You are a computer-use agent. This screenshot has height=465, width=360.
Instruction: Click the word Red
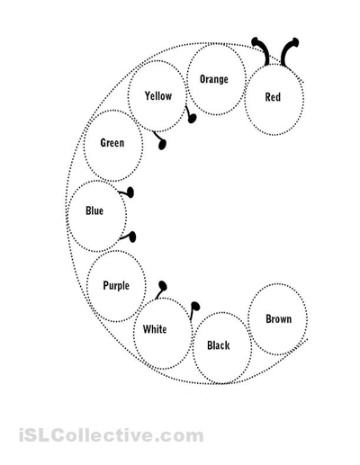(x=273, y=97)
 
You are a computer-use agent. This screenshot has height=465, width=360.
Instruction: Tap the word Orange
(x=214, y=79)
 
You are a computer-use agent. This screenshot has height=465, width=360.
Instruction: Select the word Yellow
(x=158, y=96)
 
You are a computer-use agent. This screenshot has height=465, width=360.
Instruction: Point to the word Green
(x=112, y=143)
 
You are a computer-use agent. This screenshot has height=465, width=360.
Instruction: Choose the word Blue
(x=94, y=210)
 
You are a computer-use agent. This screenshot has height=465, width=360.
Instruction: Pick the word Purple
(x=116, y=286)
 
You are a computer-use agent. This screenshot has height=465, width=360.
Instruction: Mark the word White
(x=155, y=329)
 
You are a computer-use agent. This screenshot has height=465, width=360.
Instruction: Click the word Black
(x=219, y=345)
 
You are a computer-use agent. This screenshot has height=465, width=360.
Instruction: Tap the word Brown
(x=279, y=319)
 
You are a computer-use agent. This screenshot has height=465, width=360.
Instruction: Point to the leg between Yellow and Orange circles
(x=190, y=115)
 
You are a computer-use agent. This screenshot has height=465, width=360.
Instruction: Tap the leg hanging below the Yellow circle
(x=159, y=140)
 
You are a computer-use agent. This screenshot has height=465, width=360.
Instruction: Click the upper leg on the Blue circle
(x=127, y=192)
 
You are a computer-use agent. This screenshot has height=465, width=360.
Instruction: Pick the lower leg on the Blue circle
(x=129, y=237)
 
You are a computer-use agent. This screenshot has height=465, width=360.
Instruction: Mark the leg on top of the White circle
(x=161, y=290)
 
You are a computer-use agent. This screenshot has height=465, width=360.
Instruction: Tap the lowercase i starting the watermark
(x=22, y=434)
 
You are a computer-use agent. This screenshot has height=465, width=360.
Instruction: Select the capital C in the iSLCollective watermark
(x=58, y=434)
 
